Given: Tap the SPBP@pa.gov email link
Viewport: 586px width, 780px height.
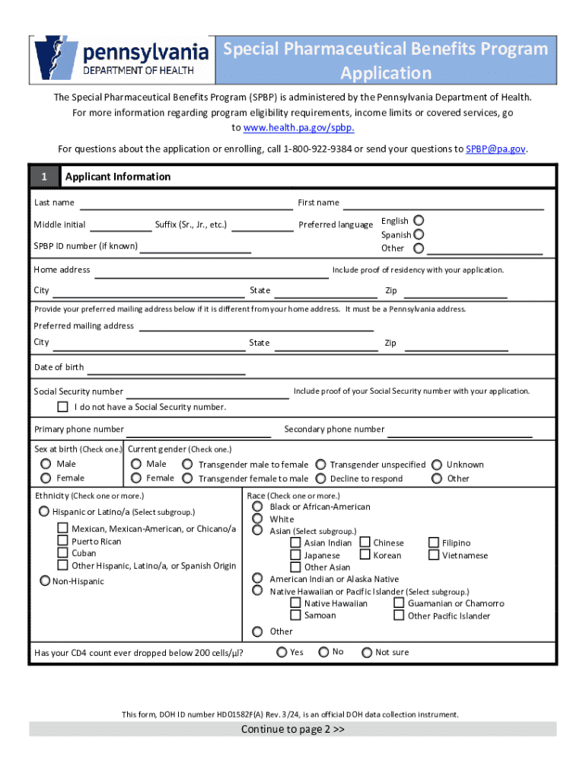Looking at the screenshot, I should [495, 149].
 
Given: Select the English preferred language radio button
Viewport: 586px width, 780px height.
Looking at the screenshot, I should [419, 220].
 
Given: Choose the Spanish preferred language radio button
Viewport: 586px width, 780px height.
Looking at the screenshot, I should [419, 235].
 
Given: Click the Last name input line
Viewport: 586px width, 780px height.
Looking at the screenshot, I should [186, 204].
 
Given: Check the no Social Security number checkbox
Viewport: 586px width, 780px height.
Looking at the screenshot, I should [63, 407].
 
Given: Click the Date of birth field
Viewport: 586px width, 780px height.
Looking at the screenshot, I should [166, 369].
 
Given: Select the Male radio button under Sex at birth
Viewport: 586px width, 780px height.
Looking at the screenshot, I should [46, 464].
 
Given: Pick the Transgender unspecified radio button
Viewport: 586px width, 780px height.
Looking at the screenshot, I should [321, 464].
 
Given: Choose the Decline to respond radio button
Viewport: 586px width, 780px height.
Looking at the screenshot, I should [321, 478].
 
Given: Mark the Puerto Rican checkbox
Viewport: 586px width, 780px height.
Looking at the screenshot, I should [64, 541].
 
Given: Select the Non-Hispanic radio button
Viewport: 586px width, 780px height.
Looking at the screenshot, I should [45, 581].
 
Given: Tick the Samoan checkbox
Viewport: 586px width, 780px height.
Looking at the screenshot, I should [295, 615].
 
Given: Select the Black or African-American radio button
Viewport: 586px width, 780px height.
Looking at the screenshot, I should [258, 507].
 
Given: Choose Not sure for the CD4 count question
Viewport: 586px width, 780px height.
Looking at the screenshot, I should [367, 652].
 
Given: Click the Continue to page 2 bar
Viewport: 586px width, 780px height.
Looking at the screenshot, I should [293, 729].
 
